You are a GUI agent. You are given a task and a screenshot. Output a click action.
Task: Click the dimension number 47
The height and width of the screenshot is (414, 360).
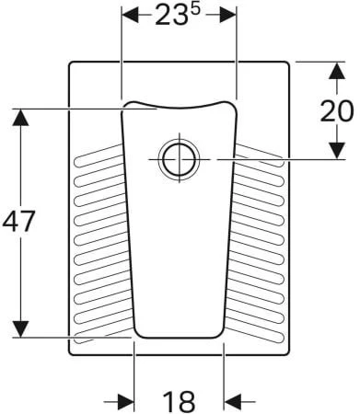(x=18, y=221)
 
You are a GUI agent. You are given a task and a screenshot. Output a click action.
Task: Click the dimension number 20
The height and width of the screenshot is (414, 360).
(x=337, y=110)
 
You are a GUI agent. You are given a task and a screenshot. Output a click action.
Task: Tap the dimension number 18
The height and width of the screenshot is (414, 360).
(x=179, y=401)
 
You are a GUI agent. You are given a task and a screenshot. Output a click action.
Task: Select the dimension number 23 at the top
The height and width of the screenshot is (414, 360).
(x=171, y=16)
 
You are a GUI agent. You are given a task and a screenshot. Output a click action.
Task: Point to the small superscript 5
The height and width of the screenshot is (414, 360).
(x=195, y=9)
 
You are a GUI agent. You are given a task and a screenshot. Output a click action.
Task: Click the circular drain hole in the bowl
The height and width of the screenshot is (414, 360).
(x=179, y=159)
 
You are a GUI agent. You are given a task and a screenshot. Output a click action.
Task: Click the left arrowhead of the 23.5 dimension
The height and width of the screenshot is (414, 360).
(x=131, y=15)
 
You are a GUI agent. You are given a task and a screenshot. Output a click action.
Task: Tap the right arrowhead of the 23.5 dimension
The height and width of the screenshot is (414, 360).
(x=227, y=15)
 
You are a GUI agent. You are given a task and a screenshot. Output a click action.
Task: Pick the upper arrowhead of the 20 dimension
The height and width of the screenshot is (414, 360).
(x=337, y=71)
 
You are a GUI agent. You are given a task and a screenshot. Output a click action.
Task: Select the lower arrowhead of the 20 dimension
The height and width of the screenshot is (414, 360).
(x=337, y=151)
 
